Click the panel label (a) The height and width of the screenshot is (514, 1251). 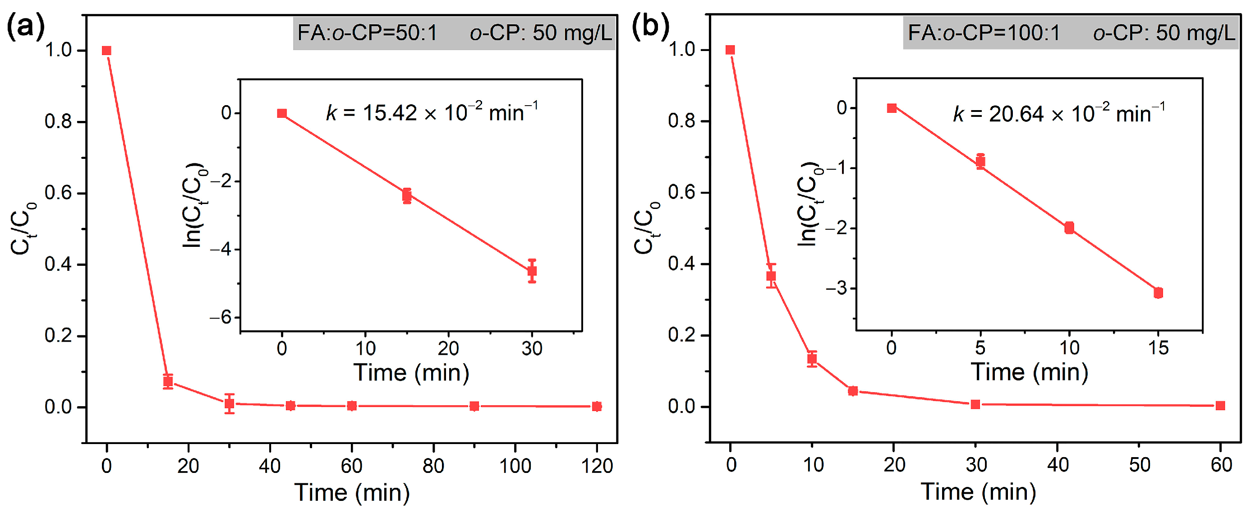pos(25,27)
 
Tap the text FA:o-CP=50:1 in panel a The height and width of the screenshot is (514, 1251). pos(367,33)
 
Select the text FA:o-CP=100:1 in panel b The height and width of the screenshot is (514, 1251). pos(984,33)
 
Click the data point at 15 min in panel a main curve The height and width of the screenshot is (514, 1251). pos(168,381)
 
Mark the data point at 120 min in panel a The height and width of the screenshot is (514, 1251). pos(597,407)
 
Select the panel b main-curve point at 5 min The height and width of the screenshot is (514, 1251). pos(771,276)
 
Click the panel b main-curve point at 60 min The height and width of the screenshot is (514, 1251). pos(1220,406)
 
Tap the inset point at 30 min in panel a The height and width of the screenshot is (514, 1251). pos(532,271)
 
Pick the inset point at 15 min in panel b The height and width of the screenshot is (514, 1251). pos(1158,292)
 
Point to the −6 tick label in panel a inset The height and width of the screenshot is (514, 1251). pos(221,318)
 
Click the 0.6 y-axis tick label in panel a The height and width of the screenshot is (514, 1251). pos(58,193)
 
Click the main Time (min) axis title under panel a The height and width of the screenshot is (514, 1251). pos(352,493)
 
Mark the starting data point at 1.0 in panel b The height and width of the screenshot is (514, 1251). pos(730,50)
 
